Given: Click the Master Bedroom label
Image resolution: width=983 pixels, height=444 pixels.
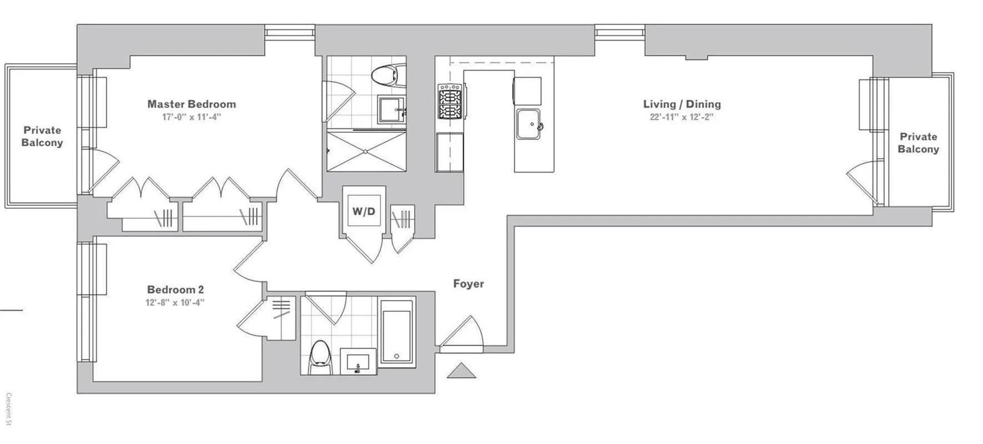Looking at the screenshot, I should [x=191, y=104].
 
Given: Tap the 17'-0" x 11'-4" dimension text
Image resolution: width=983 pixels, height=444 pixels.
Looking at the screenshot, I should [x=191, y=117].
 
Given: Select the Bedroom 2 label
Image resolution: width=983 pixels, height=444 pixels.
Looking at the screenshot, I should [x=175, y=289].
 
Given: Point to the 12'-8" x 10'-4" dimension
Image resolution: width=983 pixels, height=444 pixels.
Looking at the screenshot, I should [x=175, y=302].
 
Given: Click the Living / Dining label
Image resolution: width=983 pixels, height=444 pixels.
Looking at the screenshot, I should [x=681, y=104].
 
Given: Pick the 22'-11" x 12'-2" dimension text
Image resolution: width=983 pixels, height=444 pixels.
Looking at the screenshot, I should [x=681, y=117].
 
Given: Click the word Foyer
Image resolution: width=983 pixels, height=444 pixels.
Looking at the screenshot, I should [x=468, y=284].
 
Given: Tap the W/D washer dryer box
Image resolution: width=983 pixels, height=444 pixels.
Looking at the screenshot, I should [x=364, y=211].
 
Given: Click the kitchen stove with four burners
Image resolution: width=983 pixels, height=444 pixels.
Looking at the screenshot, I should [x=450, y=101].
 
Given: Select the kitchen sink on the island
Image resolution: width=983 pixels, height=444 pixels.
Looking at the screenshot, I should [x=529, y=124].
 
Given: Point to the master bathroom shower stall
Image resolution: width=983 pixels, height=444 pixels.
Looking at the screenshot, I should [x=365, y=151].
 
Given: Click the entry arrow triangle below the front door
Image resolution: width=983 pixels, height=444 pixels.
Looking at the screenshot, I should [x=462, y=371].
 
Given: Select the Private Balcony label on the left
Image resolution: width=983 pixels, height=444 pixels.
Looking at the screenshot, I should [x=42, y=136].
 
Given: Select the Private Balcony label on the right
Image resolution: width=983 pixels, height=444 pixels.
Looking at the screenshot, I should [x=918, y=143].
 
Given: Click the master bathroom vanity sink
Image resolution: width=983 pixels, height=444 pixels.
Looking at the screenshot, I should [x=391, y=110].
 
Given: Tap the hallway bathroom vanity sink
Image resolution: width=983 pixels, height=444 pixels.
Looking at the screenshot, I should [x=357, y=362].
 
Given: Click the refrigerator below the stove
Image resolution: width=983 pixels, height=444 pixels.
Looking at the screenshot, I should [x=450, y=152].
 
